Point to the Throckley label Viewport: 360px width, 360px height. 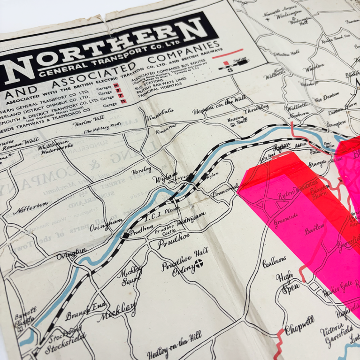[x=256, y=107]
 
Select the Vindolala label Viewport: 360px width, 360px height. [x=161, y=112]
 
